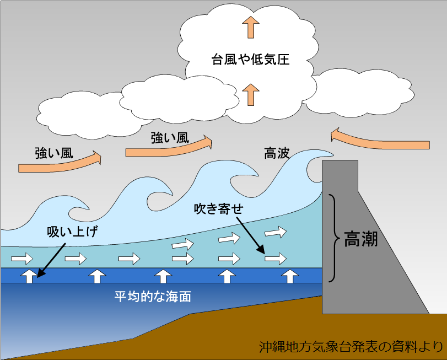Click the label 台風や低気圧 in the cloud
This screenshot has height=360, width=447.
tap(250, 60)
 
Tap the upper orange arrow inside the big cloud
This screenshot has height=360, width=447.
tap(251, 27)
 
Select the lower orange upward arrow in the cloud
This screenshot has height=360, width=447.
tap(251, 95)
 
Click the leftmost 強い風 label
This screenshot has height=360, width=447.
tap(54, 153)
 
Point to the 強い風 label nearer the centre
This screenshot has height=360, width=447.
tap(170, 138)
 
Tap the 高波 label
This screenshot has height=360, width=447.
tap(277, 153)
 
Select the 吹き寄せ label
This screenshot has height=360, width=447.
tap(219, 208)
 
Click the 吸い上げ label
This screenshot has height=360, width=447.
tap(72, 231)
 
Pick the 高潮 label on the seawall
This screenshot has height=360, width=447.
tap(360, 239)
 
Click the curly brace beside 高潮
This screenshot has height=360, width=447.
tap(335, 238)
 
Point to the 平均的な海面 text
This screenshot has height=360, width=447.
tap(153, 297)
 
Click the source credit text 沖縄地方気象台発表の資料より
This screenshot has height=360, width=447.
tap(351, 347)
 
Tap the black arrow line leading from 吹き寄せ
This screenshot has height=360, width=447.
tap(251, 235)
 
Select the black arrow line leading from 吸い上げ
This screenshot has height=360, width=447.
tap(51, 260)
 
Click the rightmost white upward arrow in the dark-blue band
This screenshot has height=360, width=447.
tap(290, 276)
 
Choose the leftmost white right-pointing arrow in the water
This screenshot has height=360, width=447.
tap(22, 259)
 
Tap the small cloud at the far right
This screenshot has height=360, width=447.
tap(360, 93)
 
